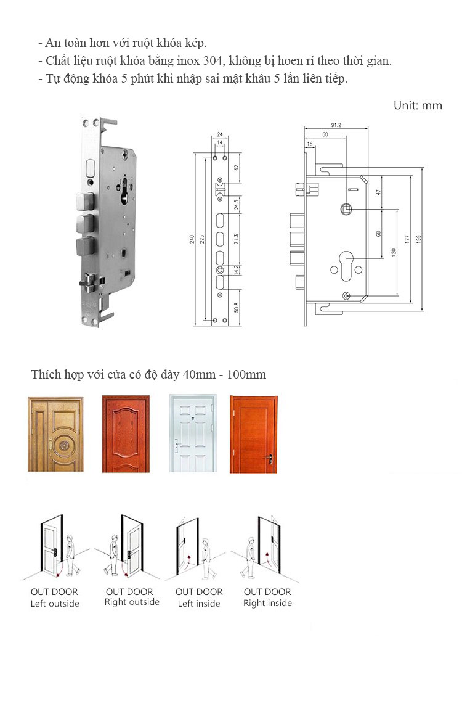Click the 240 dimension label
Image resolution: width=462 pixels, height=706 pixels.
coord(192,239)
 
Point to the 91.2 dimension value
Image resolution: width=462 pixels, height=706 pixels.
coord(336,125)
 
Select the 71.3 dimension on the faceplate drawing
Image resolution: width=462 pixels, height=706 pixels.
coord(237,239)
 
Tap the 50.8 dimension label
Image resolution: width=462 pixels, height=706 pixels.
coord(237,308)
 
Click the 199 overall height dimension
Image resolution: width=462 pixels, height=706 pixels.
coord(418,239)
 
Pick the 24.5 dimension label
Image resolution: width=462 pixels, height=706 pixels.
coord(237,205)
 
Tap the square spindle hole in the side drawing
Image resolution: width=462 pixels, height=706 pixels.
coord(346,208)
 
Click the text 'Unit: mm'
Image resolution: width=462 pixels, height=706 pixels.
coord(418,105)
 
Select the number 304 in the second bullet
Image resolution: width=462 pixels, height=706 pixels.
coord(213,61)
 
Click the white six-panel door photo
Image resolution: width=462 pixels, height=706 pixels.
coord(193,433)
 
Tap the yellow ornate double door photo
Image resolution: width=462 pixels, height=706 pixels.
coord(56,434)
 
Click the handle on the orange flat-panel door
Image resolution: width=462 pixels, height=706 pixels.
coord(270,459)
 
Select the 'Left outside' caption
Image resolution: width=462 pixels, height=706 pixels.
coord(55,604)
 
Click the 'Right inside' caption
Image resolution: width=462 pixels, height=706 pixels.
coord(268,604)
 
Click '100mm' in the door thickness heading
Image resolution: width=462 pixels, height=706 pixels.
coord(246,375)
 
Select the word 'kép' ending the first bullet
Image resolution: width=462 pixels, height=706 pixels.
coord(196,44)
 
